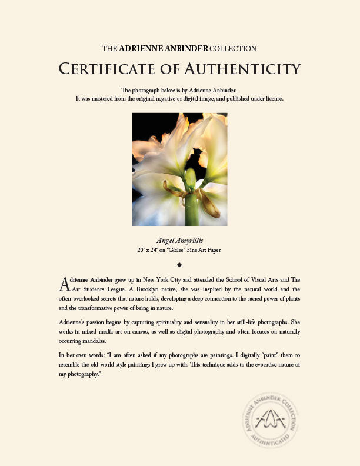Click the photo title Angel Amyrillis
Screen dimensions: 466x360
[179, 241]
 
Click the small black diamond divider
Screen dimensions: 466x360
[179, 264]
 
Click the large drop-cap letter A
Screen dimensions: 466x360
[65, 284]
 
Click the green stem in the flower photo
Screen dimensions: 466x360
[191, 209]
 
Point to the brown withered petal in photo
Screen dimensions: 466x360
[209, 203]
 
